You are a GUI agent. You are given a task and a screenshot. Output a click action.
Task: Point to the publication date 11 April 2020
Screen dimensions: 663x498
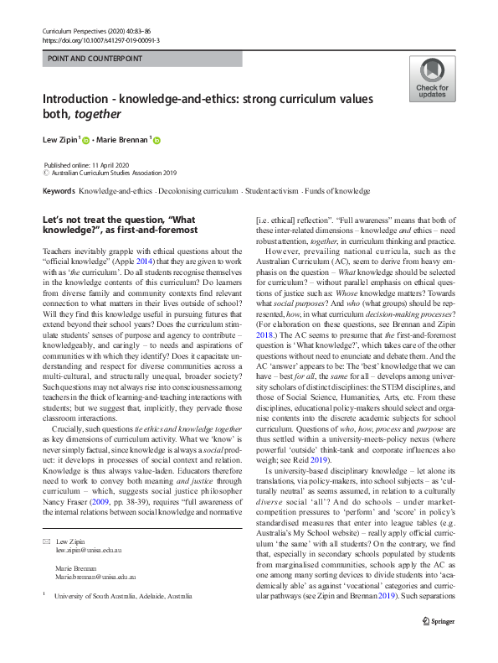99,165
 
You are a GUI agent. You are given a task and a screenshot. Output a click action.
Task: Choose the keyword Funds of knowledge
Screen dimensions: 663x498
337,191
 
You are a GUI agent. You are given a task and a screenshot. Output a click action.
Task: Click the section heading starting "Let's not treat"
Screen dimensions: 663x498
120,219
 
